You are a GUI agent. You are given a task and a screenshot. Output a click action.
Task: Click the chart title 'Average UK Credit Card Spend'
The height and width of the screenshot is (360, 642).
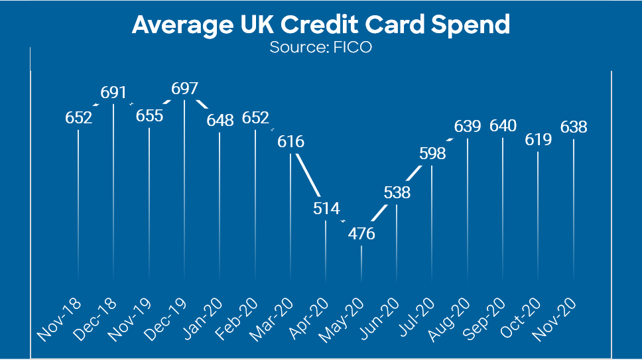tap(321, 25)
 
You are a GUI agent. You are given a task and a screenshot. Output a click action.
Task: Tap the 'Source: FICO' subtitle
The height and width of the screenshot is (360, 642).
tap(321, 48)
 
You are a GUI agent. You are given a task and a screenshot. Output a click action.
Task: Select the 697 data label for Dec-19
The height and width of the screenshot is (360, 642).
tap(184, 88)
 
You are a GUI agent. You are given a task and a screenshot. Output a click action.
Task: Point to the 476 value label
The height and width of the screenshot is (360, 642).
tap(361, 234)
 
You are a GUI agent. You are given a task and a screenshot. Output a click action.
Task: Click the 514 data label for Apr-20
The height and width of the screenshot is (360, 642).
tap(326, 208)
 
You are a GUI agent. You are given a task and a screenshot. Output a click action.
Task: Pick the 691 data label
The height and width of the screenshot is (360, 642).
tap(113, 91)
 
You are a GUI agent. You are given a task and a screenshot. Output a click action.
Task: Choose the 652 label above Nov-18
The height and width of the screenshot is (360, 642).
tap(79, 117)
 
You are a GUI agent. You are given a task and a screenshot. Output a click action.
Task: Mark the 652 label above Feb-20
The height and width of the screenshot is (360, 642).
tap(255, 117)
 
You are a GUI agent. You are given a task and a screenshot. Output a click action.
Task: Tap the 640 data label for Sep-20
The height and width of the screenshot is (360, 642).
tap(503, 126)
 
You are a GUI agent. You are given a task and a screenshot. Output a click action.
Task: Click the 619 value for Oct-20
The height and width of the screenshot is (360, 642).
tap(538, 139)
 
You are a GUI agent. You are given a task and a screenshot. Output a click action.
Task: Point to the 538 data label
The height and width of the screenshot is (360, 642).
tap(397, 193)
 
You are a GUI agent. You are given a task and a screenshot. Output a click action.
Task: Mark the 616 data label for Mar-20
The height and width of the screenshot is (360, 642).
tap(290, 141)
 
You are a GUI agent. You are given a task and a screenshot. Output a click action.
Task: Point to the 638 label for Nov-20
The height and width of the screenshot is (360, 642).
tap(574, 127)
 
